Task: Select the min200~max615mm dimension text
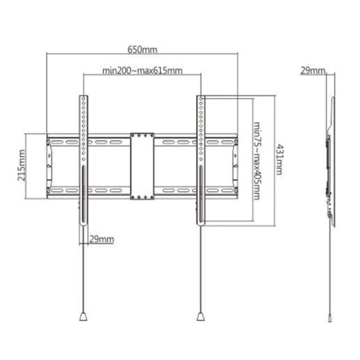(143, 70)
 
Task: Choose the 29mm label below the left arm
(102, 238)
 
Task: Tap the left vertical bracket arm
(83, 159)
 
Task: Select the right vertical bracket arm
(200, 159)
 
